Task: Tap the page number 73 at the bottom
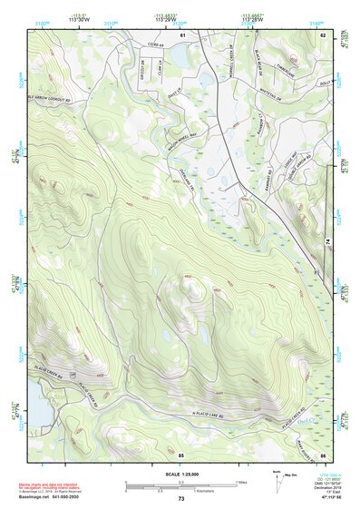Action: click(180, 499)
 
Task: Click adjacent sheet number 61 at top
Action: click(181, 34)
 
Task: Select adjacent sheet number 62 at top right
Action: click(323, 34)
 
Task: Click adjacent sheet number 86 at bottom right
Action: click(323, 453)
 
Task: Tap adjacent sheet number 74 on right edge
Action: click(328, 240)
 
